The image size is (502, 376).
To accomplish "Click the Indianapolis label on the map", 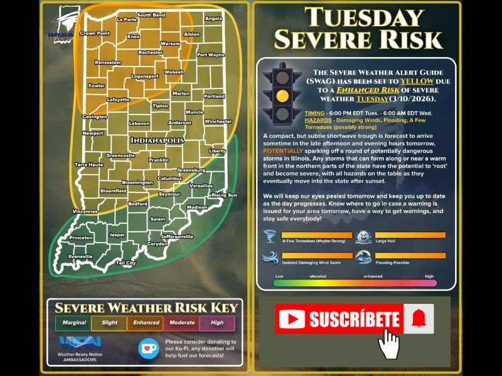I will (158, 140).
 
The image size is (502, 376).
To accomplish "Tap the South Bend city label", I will (151, 14).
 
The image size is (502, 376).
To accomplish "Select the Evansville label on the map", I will (81, 256).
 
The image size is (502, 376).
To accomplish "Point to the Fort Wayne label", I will (210, 55).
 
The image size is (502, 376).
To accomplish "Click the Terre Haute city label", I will (88, 164).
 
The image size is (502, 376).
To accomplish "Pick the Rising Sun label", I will (224, 195).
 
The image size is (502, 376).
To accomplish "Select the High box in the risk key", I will (217, 323).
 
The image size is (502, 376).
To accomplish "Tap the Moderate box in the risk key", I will (181, 323).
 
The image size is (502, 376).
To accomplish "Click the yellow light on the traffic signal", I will (283, 96).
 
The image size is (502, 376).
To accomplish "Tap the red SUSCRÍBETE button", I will (339, 320).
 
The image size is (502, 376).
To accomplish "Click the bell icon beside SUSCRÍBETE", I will (418, 320).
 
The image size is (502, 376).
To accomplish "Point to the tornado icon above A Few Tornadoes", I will (271, 236).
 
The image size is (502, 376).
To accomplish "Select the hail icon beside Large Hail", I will (365, 237).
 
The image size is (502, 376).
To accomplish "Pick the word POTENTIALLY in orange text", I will (285, 151).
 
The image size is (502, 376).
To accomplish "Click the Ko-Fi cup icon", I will (147, 347).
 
